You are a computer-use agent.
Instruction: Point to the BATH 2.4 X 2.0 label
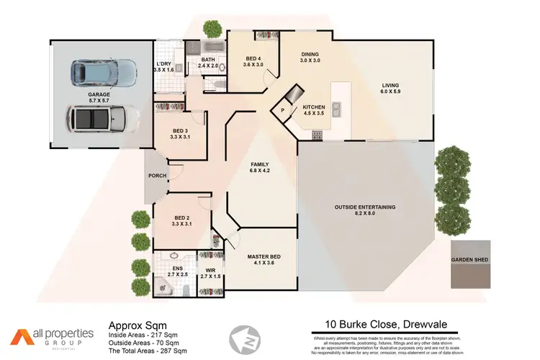tap(209, 63)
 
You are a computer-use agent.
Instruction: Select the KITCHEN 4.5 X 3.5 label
tap(315, 109)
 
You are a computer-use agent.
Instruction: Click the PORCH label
tap(157, 176)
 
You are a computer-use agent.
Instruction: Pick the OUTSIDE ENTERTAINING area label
tap(365, 210)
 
